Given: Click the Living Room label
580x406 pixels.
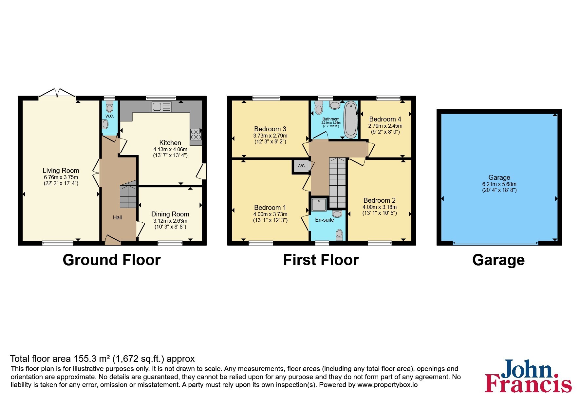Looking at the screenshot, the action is click(x=61, y=171).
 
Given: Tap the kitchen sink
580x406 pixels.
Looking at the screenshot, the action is click(x=161, y=107).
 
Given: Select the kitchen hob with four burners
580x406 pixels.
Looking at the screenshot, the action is click(x=196, y=135).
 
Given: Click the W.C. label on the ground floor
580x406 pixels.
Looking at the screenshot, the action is click(x=109, y=116).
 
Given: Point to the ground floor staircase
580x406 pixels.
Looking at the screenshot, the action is click(x=128, y=196).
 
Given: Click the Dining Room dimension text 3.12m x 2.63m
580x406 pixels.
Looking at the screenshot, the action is click(x=170, y=221).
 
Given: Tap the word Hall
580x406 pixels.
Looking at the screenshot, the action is click(x=117, y=217).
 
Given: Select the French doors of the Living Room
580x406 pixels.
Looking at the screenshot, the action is click(x=57, y=93).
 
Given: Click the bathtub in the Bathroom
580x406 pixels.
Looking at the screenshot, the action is click(x=350, y=120).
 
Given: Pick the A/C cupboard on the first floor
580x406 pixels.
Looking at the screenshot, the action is click(x=301, y=166).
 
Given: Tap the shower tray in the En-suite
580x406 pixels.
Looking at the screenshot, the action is click(x=319, y=205).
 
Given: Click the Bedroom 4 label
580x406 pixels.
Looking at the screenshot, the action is click(x=385, y=119).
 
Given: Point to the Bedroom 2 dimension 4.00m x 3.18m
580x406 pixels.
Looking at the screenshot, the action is click(x=380, y=207).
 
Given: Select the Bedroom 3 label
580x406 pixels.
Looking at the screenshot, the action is click(x=270, y=129).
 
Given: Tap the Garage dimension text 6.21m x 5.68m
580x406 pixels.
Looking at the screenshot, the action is click(x=499, y=184).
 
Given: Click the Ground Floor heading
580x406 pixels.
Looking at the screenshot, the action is click(x=112, y=260).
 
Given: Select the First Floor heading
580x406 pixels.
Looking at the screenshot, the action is click(x=321, y=260).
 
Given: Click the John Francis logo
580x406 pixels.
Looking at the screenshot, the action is click(x=528, y=376).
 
